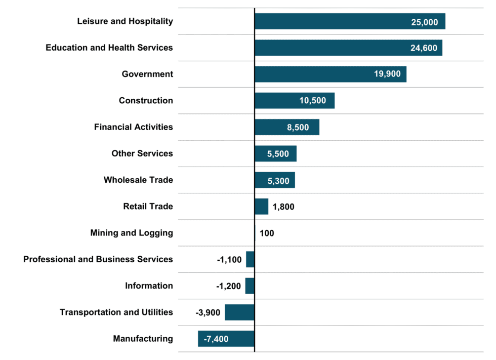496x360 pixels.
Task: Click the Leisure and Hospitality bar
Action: pos(349,21)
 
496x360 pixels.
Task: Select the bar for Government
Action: pos(330,74)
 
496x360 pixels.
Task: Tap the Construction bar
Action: pos(294,101)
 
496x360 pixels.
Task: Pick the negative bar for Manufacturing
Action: pos(226,339)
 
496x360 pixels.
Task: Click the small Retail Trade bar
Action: pos(261,207)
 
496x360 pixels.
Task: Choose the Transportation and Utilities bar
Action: pos(239,312)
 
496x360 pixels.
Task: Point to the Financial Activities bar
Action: pos(286,127)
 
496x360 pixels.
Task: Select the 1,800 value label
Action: pos(283,207)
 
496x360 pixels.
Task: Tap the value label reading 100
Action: pos(267,233)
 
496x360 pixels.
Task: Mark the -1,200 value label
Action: pos(229,286)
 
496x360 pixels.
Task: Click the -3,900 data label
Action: pos(208,313)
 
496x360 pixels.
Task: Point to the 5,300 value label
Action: pos(275,180)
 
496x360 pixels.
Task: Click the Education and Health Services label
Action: pos(109,48)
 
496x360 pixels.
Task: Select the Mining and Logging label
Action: pos(132,233)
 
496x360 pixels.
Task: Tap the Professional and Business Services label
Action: pos(98,259)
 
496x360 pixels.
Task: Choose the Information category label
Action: pos(149,286)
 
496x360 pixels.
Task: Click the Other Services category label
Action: pos(142,153)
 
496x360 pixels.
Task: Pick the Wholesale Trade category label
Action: pos(138,180)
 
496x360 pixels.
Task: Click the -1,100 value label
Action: pos(229,260)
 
